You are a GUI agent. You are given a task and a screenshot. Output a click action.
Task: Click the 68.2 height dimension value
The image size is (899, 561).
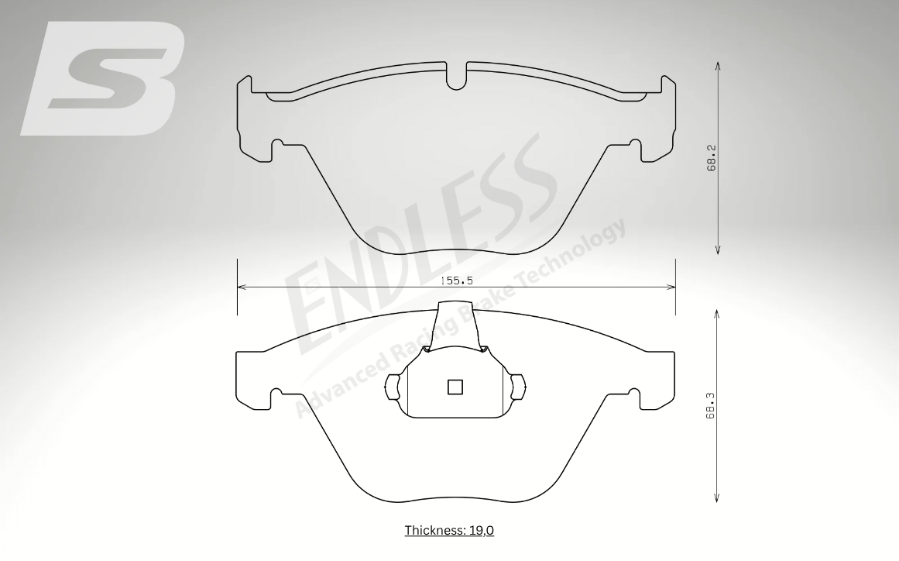tap(712, 158)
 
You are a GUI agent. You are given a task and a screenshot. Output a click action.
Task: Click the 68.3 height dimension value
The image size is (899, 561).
tap(710, 406)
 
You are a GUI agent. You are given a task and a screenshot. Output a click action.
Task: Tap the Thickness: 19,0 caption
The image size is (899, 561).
tap(449, 530)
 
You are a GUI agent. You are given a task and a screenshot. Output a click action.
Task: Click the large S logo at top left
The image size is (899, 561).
tap(103, 78)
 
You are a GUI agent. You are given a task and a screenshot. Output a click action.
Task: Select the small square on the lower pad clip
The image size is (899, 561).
tap(455, 387)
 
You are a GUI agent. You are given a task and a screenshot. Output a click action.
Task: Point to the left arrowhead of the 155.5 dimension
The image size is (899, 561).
tap(242, 286)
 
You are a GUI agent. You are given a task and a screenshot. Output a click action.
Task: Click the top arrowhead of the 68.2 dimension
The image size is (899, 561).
tap(718, 66)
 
